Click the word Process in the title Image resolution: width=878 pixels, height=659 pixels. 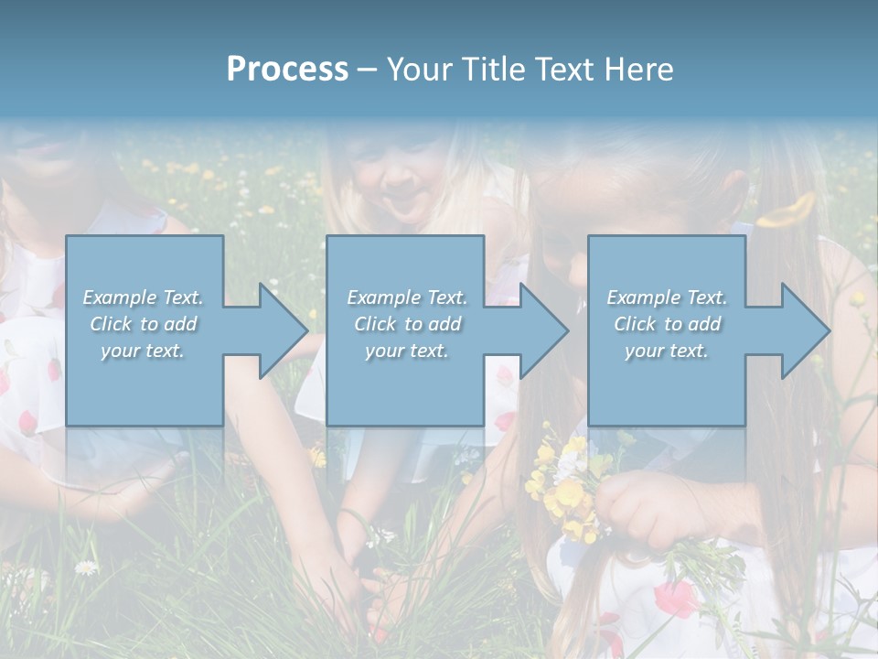[287, 70]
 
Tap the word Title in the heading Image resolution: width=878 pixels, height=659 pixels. [491, 70]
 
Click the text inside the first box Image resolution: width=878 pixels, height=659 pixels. [143, 324]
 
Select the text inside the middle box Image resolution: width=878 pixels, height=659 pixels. [406, 324]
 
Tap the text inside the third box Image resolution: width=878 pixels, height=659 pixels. [667, 324]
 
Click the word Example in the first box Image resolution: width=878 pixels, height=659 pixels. [120, 297]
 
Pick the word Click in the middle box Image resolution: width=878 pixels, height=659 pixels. [374, 324]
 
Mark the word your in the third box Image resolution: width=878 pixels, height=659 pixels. [644, 351]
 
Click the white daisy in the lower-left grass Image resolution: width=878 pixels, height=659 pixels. [86, 568]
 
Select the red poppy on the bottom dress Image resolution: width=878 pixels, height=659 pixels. [675, 600]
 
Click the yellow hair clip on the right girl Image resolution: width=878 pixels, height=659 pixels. [788, 210]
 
